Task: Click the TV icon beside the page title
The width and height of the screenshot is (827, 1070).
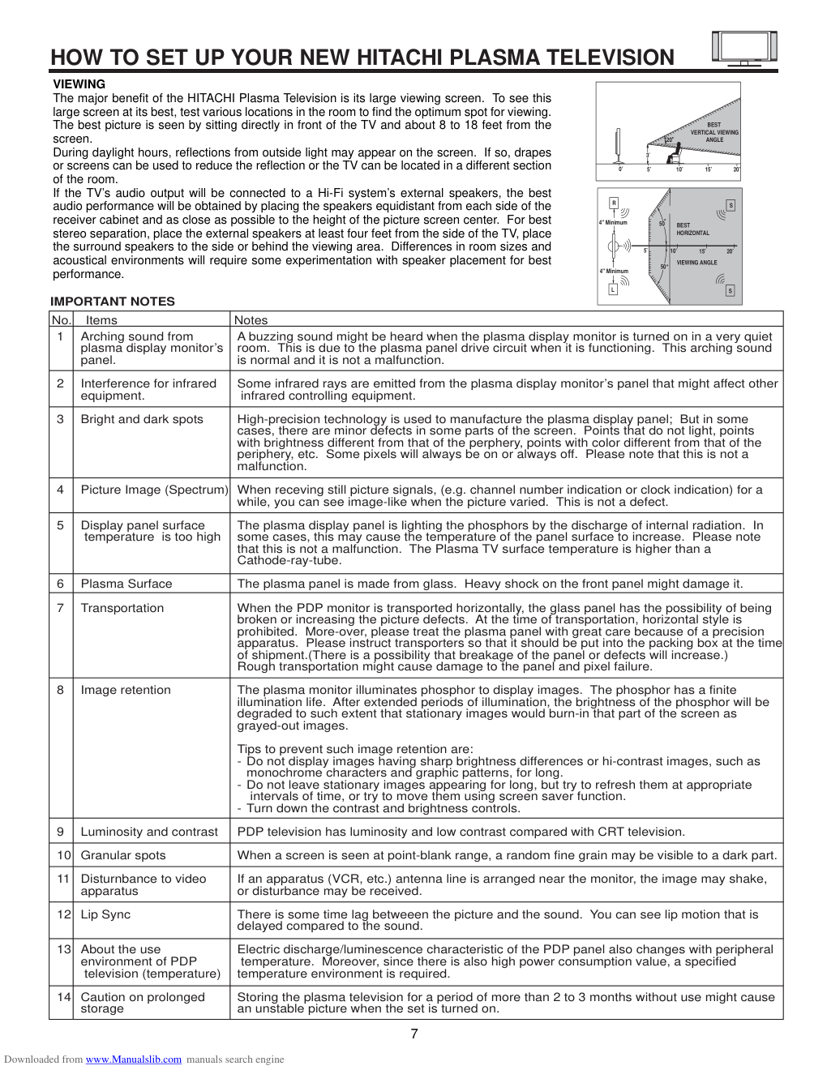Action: pyautogui.click(x=744, y=49)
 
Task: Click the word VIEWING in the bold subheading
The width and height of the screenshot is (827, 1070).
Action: pyautogui.click(x=79, y=84)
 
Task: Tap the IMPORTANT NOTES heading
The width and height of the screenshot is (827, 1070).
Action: pyautogui.click(x=113, y=302)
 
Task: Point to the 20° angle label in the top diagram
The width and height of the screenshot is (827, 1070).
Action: pyautogui.click(x=670, y=140)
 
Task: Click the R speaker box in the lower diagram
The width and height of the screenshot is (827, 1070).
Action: pyautogui.click(x=614, y=203)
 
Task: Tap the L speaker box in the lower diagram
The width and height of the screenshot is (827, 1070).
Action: pyautogui.click(x=613, y=289)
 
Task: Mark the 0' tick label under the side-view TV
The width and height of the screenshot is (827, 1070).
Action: pyautogui.click(x=620, y=169)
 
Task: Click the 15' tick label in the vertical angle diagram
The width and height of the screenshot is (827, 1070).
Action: pyautogui.click(x=708, y=169)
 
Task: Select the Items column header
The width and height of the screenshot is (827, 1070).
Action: pyautogui.click(x=101, y=320)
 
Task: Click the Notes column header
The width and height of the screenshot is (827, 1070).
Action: pyautogui.click(x=251, y=320)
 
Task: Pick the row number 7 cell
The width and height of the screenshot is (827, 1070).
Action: pyautogui.click(x=60, y=608)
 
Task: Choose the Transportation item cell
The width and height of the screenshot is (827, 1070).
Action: pyautogui.click(x=122, y=608)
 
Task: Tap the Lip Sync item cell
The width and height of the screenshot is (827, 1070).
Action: pyautogui.click(x=105, y=914)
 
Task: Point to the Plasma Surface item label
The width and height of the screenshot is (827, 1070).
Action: pyautogui.click(x=126, y=584)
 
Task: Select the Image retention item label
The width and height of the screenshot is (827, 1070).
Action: pyautogui.click(x=126, y=690)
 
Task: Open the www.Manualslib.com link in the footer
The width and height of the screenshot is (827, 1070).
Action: pyautogui.click(x=134, y=1059)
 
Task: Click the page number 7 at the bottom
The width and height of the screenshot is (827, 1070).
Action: pyautogui.click(x=414, y=1034)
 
